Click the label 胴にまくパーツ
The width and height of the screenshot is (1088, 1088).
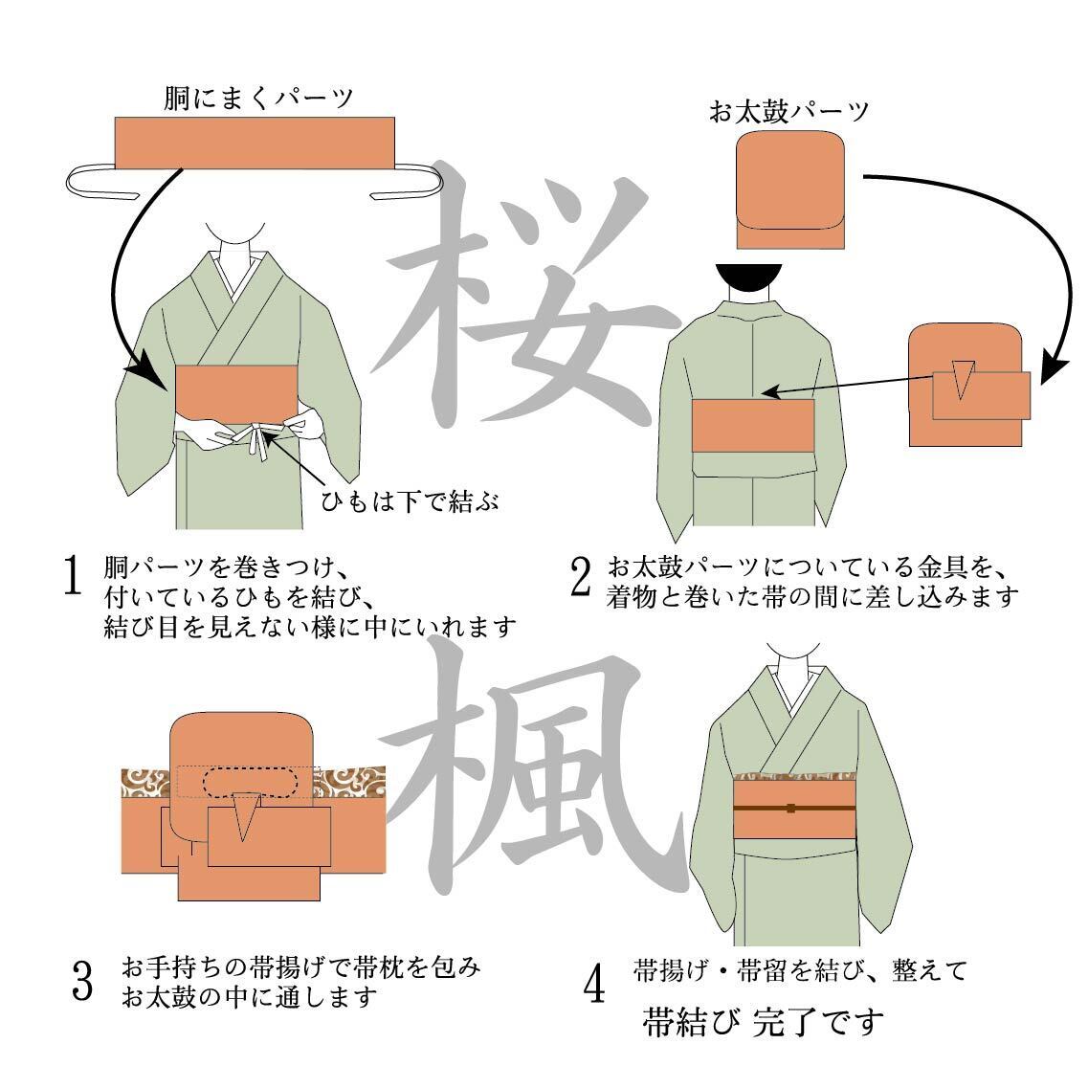pos(258,98)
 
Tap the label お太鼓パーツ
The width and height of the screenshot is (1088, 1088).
pos(788,112)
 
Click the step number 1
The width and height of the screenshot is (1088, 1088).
pos(71,575)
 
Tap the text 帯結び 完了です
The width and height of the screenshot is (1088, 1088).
pos(761,1022)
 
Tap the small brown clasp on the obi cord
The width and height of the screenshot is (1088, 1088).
pos(790,809)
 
